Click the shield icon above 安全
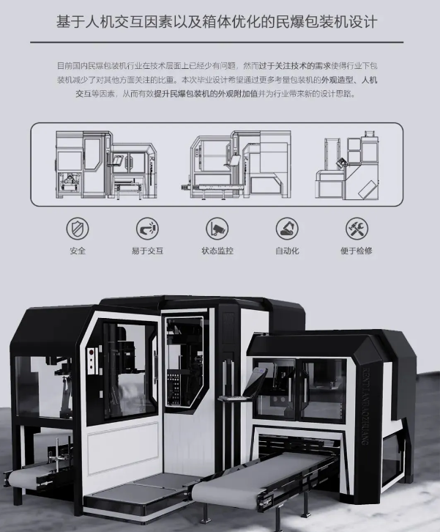pos(78,228)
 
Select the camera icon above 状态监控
pos(217,228)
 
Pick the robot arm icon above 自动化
pos(287,228)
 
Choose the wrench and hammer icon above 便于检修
pos(357,228)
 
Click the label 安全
pos(78,251)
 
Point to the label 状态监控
pos(217,251)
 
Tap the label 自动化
pos(287,251)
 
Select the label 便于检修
pos(357,251)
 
